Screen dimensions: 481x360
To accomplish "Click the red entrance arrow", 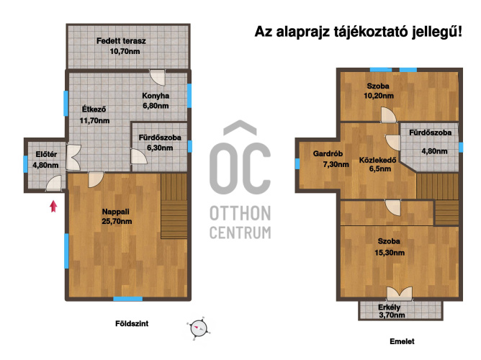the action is (54, 206).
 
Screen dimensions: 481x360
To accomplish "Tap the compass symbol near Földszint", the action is (199, 328).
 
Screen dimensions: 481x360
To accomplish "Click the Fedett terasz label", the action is (121, 41).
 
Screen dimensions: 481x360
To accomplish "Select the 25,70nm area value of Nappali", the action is (117, 221).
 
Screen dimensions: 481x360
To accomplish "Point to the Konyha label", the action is (156, 96).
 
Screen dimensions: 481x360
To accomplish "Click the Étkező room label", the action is (94, 109).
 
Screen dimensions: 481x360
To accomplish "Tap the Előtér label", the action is (46, 154).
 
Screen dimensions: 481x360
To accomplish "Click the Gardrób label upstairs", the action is (328, 153).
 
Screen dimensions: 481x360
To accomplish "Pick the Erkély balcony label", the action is (389, 307).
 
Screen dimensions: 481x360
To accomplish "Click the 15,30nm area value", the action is (390, 253).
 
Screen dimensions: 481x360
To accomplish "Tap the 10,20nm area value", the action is (379, 96).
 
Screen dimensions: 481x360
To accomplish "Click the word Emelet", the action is (402, 341).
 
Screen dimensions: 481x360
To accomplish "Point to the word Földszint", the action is (132, 323).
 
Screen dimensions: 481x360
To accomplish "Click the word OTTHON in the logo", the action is (240, 214).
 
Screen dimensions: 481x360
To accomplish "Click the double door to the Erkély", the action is (400, 294).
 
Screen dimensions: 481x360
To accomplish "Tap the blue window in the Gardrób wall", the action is (297, 163).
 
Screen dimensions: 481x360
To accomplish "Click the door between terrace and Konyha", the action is (158, 78).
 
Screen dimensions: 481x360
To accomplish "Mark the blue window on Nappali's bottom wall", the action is (128, 299).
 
